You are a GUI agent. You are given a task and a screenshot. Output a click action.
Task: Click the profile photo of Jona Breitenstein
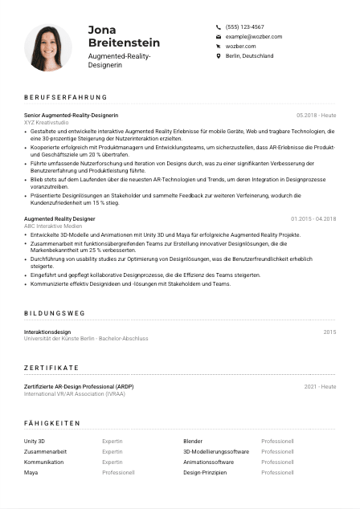48,47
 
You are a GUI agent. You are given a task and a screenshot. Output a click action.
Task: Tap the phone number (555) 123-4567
244,26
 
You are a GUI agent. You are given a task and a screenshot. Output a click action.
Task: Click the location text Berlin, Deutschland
249,56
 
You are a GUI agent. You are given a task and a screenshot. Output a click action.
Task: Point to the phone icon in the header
219,26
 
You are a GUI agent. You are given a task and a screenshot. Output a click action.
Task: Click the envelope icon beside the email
219,37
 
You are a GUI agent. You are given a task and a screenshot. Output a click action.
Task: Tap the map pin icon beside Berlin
219,56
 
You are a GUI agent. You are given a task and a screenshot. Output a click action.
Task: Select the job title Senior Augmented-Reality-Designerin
76,116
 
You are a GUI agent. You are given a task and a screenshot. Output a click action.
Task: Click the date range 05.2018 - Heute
316,116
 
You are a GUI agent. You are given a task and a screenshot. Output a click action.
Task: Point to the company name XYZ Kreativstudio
47,122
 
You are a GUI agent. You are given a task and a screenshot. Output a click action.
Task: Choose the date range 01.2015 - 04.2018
313,218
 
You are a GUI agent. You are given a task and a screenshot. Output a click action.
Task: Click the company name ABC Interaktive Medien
52,226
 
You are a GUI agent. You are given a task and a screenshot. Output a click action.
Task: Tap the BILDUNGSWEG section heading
54,313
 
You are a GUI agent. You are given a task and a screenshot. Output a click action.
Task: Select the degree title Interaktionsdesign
47,332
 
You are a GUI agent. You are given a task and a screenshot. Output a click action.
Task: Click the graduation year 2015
329,332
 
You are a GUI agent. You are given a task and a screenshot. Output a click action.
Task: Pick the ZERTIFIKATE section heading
55,368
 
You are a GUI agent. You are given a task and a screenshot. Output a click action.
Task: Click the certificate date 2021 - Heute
320,386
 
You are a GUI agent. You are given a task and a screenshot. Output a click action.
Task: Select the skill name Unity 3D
35,442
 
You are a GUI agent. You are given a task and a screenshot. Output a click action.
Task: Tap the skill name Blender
193,442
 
